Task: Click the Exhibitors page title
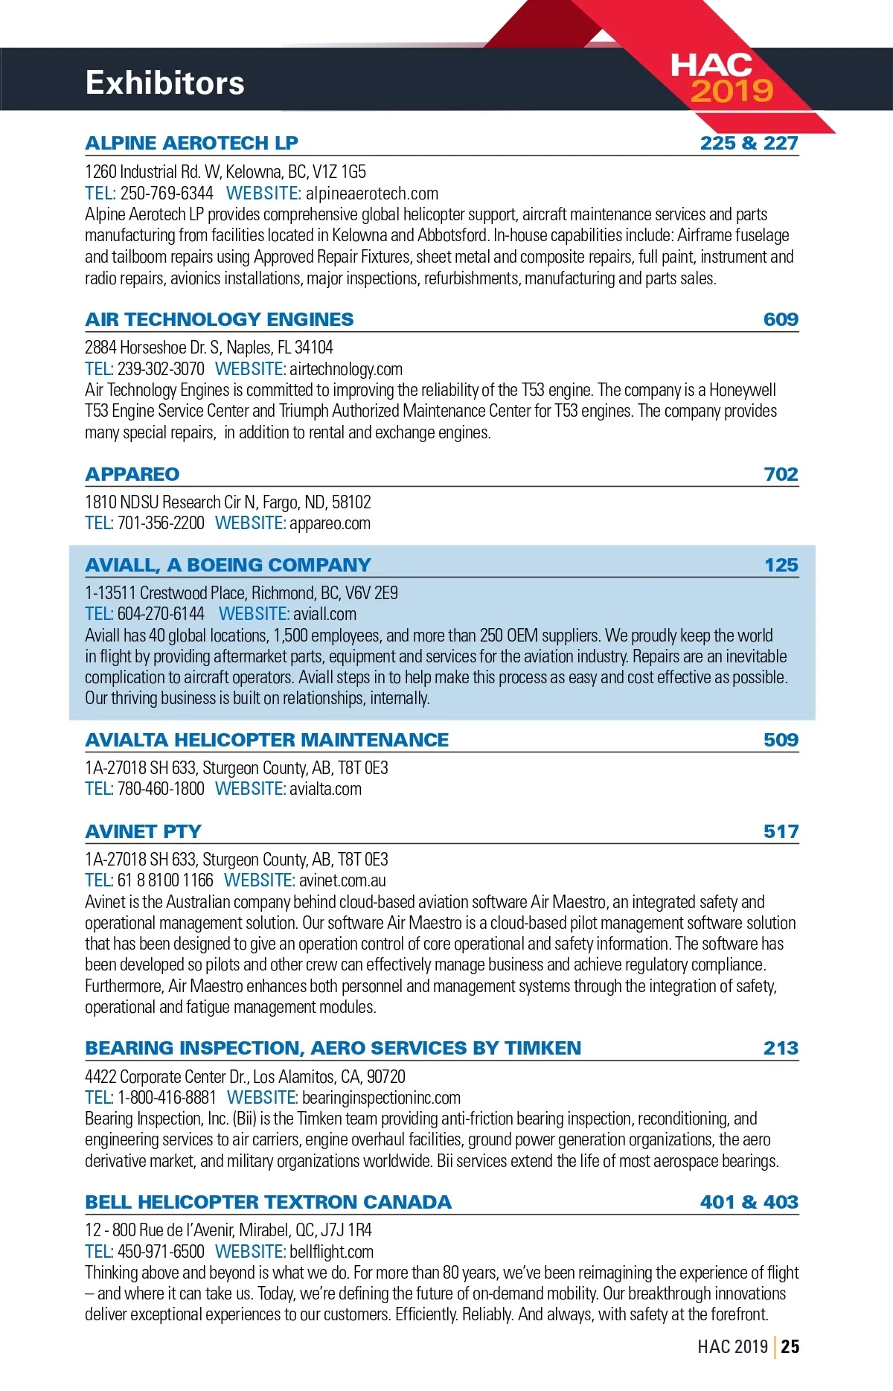(164, 83)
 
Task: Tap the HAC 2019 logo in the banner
(720, 77)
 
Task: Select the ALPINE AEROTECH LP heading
(191, 143)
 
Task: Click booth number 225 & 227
(749, 143)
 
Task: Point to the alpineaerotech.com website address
(372, 194)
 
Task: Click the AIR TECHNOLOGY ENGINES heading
(220, 319)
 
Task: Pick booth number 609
(781, 319)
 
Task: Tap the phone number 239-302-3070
(161, 369)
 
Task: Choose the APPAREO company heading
(132, 474)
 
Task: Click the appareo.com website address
(330, 523)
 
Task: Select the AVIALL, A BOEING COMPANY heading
(228, 565)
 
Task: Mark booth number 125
(781, 565)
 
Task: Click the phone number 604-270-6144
(161, 614)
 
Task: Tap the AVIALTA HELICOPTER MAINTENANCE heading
(266, 740)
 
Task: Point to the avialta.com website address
(325, 789)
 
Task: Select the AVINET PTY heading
(143, 831)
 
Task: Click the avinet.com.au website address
(342, 880)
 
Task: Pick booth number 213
(781, 1048)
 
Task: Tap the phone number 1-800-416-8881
(167, 1098)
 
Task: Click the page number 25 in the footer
(790, 1346)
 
